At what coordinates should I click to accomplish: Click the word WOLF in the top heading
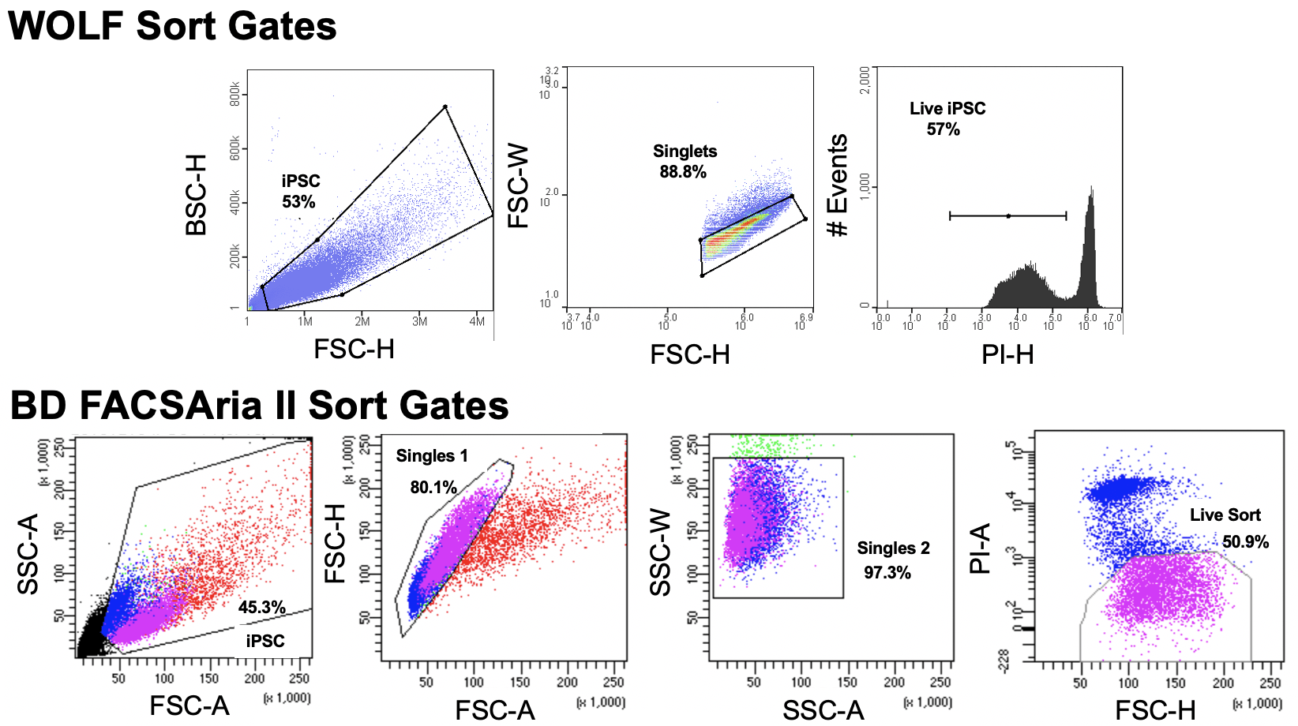pyautogui.click(x=66, y=25)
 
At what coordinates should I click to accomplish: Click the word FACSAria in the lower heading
pyautogui.click(x=189, y=406)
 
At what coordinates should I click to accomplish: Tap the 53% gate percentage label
pyautogui.click(x=298, y=202)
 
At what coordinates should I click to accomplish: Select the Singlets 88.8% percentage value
pyautogui.click(x=683, y=172)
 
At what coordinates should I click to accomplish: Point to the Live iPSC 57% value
pyautogui.click(x=943, y=129)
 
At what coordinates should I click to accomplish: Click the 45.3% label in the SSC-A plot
pyautogui.click(x=261, y=608)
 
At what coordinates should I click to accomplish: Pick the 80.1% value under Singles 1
pyautogui.click(x=433, y=488)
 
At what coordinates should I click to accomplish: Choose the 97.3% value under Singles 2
pyautogui.click(x=887, y=573)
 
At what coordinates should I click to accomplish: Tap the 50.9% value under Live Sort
pyautogui.click(x=1245, y=542)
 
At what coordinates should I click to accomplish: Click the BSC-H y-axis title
pyautogui.click(x=196, y=195)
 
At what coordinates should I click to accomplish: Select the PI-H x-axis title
pyautogui.click(x=1007, y=355)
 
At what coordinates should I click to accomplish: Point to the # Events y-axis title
pyautogui.click(x=837, y=185)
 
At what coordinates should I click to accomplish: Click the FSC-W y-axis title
pyautogui.click(x=518, y=186)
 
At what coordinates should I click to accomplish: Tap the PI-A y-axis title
pyautogui.click(x=980, y=548)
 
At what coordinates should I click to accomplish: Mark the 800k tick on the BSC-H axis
pyautogui.click(x=234, y=94)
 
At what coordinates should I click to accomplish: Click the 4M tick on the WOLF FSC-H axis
pyautogui.click(x=477, y=322)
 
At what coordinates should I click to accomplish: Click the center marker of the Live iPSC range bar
pyautogui.click(x=1008, y=215)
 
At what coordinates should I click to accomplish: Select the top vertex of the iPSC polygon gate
pyautogui.click(x=445, y=107)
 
